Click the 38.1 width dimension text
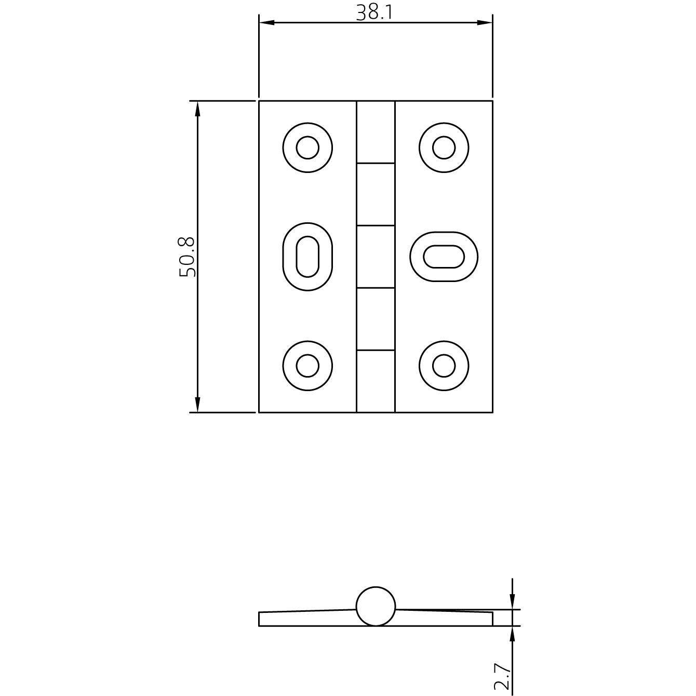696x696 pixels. (374, 12)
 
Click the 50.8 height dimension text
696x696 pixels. (187, 257)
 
